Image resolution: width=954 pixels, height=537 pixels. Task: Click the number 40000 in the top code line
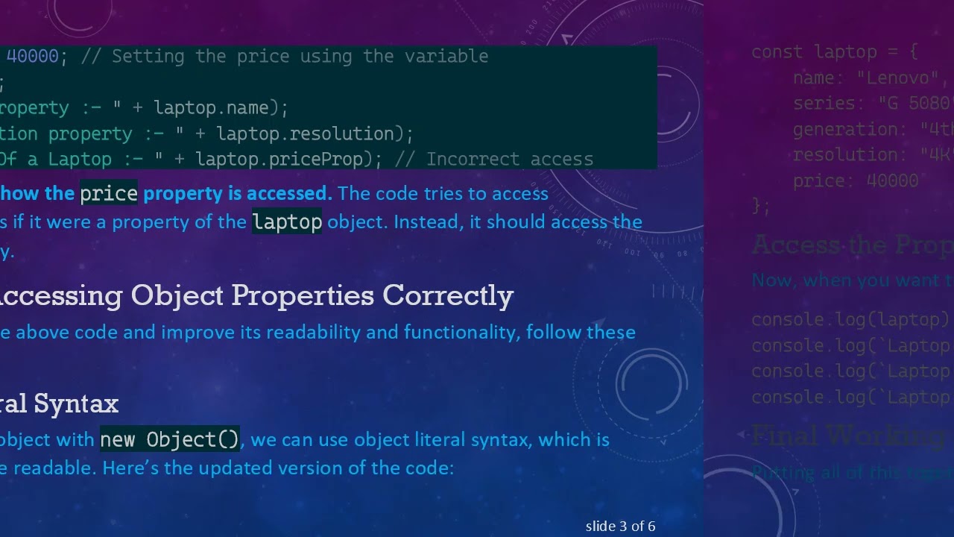[x=32, y=57]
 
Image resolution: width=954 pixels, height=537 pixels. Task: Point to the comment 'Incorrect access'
[x=510, y=160]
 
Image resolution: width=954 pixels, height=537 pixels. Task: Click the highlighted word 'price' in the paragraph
[x=109, y=194]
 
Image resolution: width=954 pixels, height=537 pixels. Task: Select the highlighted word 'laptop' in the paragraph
[x=287, y=222]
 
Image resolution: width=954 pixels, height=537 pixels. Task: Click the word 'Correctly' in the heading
[x=448, y=296]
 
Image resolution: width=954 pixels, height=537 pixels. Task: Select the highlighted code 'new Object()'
[x=170, y=440]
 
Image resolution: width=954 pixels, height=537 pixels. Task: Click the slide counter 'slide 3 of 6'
[x=620, y=527]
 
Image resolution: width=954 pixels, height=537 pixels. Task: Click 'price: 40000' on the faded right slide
[x=855, y=180]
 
